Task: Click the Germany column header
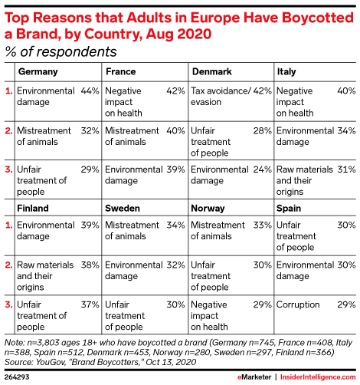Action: point(38,72)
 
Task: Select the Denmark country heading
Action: point(212,71)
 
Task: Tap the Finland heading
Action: point(33,209)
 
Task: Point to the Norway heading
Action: point(208,209)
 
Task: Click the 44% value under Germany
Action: point(90,90)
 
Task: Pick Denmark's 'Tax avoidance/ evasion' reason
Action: point(221,97)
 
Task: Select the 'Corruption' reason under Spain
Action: point(298,304)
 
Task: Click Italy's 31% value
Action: point(346,169)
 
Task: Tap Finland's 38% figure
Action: point(90,265)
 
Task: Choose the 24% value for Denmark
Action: point(263,169)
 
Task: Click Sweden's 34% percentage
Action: point(176,225)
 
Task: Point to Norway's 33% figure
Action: point(263,225)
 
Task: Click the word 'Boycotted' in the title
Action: point(318,18)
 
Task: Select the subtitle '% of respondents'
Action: point(61,52)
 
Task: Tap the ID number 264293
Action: point(17,377)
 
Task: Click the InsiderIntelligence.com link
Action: point(318,377)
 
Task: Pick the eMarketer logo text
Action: point(254,377)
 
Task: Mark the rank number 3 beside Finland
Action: point(8,304)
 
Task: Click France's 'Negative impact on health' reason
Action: point(123,102)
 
